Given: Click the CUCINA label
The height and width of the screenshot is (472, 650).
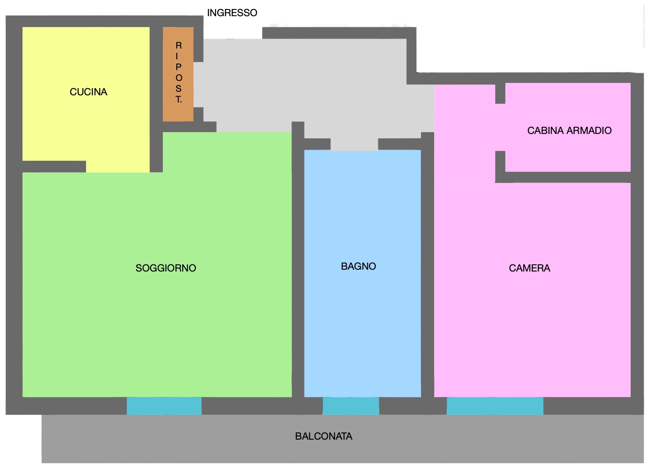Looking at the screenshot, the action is click(x=89, y=92).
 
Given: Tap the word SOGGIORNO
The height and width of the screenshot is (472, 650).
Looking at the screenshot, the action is click(x=166, y=268).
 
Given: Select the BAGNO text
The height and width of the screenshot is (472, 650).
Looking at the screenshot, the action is click(x=359, y=267).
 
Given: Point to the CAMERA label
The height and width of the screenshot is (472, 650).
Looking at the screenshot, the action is click(x=529, y=268).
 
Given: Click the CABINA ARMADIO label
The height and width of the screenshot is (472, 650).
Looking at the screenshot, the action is click(x=569, y=130).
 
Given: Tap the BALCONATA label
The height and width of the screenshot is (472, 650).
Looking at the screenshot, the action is click(x=324, y=436).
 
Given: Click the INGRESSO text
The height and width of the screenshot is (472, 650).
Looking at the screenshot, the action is click(x=232, y=13).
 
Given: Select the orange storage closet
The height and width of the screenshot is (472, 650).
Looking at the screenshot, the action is click(x=178, y=74).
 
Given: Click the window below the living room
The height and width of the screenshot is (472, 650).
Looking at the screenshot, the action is click(x=164, y=406).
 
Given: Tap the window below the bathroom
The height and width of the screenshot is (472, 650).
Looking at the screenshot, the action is click(x=351, y=406).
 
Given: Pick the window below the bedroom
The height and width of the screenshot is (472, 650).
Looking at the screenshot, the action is click(x=495, y=406).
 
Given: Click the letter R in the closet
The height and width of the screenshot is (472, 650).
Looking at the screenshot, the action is click(x=179, y=45).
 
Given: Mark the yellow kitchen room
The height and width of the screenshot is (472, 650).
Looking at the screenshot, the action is click(x=86, y=96).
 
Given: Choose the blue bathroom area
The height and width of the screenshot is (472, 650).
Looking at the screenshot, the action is click(x=363, y=273).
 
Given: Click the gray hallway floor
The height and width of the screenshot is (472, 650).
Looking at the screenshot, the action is click(x=305, y=87).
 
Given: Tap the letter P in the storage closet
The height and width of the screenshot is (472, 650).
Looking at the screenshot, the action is click(x=179, y=67).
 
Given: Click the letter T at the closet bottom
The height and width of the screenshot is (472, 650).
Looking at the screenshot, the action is click(x=179, y=99).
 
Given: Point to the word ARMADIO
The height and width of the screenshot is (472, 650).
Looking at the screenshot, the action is click(x=589, y=130).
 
